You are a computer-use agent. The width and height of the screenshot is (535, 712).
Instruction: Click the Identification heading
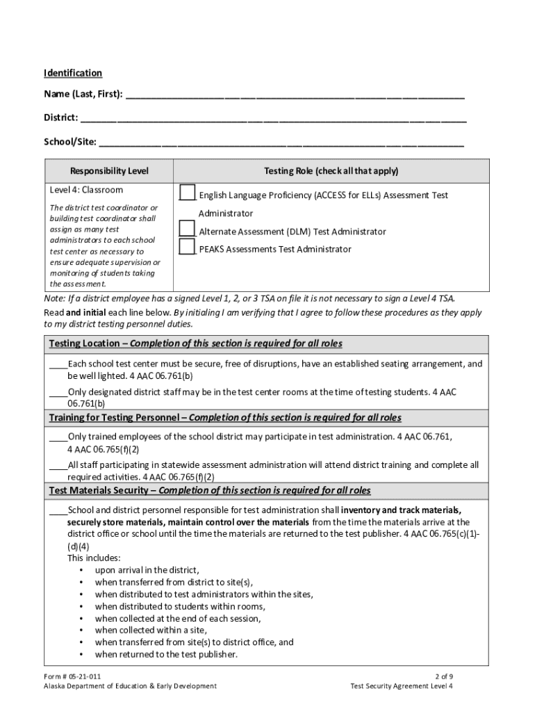coord(73,73)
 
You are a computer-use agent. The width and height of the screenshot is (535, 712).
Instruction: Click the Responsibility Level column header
coord(109,171)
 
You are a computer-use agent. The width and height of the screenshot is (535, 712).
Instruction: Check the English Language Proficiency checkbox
coord(187,193)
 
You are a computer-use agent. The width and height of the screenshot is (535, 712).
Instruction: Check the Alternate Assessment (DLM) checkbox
coord(187,228)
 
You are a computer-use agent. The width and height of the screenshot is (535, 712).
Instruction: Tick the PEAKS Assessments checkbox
coord(187,246)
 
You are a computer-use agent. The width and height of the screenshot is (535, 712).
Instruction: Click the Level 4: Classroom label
coord(86,190)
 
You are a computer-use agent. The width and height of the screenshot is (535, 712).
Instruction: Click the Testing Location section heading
coord(195,344)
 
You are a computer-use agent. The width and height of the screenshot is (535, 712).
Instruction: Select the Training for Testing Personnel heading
coord(225,418)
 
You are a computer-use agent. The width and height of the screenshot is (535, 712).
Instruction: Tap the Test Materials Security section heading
coord(210,491)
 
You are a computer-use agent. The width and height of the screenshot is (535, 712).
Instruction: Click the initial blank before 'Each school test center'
coord(58,365)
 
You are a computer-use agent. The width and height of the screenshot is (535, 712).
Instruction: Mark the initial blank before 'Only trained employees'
coord(58,438)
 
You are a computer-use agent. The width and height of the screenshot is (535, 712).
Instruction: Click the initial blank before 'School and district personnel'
coord(58,511)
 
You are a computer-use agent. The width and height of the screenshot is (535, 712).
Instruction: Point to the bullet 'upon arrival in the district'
coord(147,569)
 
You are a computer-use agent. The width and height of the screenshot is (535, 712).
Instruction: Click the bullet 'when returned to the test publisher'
coord(166,654)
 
